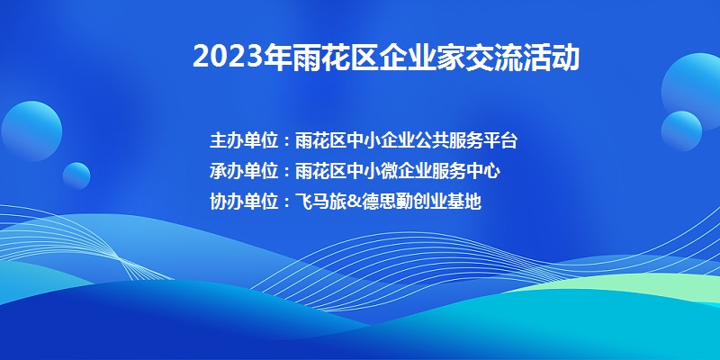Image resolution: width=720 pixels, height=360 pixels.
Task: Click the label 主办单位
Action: (244, 140)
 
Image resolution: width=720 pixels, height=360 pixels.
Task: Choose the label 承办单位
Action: (244, 171)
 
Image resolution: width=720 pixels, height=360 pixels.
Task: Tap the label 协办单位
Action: (244, 202)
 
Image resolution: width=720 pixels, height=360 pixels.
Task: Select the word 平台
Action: (500, 140)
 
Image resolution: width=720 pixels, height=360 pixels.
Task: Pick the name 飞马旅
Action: (320, 202)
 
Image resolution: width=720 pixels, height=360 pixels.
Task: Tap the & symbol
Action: (353, 202)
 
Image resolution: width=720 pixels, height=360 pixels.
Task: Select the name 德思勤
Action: (386, 202)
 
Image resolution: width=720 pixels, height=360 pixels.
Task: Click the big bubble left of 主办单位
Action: (31, 131)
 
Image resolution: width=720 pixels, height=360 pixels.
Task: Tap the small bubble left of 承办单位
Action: (76, 175)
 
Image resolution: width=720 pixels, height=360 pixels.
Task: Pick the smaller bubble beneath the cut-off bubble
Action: (681, 131)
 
